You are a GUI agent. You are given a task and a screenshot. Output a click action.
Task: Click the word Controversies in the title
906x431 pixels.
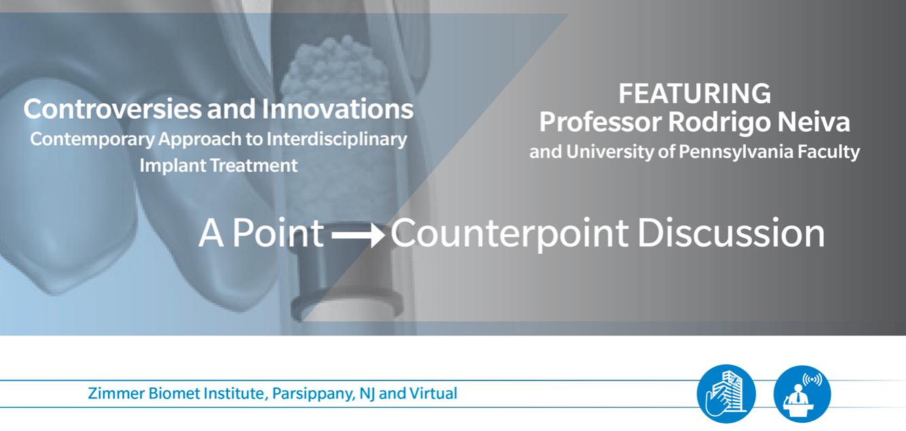tap(112, 109)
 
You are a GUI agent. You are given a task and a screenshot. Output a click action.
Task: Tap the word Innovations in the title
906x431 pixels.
tap(338, 109)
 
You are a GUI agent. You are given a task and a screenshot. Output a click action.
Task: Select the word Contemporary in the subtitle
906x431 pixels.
tap(92, 140)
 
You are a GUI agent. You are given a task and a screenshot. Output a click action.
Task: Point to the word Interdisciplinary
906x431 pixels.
tap(336, 140)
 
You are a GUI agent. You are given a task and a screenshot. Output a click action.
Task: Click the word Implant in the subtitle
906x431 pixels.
tap(172, 166)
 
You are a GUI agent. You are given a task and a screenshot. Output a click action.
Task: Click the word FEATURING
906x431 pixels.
tap(695, 94)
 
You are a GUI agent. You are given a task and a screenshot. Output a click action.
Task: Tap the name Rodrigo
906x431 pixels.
tap(719, 122)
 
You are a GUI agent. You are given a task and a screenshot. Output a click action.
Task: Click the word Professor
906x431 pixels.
tap(600, 121)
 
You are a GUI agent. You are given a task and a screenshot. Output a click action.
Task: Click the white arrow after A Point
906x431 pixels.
tap(358, 235)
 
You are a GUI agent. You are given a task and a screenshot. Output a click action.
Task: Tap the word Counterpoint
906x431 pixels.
tap(509, 234)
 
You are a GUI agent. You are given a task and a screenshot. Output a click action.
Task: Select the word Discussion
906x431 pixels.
tap(731, 233)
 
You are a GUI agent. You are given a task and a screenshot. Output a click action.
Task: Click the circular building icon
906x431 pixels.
tap(726, 394)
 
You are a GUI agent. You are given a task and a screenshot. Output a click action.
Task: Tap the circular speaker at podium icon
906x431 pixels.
tap(802, 394)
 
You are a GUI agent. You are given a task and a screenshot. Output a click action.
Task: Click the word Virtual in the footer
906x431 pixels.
tap(433, 393)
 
